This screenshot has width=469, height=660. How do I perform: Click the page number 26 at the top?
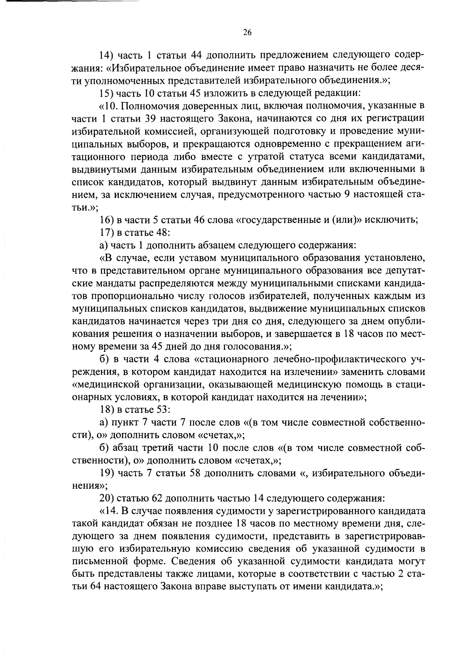[247, 33]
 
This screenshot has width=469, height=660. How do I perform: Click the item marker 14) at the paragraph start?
[107, 56]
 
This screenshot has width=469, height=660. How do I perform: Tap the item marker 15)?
[107, 93]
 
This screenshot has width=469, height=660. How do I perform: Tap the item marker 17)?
[107, 233]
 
